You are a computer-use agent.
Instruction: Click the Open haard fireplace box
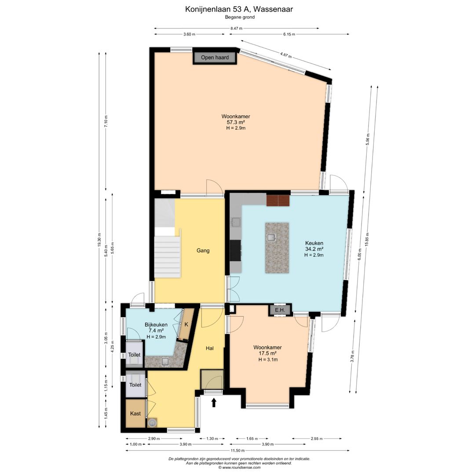[215, 58]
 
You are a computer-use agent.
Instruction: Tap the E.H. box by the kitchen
[280, 310]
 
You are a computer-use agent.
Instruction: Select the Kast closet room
[135, 413]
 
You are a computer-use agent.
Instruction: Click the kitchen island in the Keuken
[277, 248]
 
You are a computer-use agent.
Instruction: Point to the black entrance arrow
[214, 402]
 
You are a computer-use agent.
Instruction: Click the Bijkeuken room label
[156, 325]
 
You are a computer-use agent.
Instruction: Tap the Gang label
[203, 251]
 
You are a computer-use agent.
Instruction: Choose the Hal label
[210, 348]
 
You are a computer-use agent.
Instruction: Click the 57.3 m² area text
[236, 122]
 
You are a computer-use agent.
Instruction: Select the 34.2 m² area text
[314, 249]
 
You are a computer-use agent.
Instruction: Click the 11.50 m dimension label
[237, 450]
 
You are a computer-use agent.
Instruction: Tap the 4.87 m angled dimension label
[286, 55]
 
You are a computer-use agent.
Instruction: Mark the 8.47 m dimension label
[236, 29]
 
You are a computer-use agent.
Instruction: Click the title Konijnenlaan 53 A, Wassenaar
[239, 9]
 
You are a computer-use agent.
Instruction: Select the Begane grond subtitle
[240, 17]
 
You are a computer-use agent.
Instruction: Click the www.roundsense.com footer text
[239, 468]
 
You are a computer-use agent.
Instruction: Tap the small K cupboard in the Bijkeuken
[186, 325]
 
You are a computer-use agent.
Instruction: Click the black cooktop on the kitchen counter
[236, 250]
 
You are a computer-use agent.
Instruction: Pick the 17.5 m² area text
[267, 354]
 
